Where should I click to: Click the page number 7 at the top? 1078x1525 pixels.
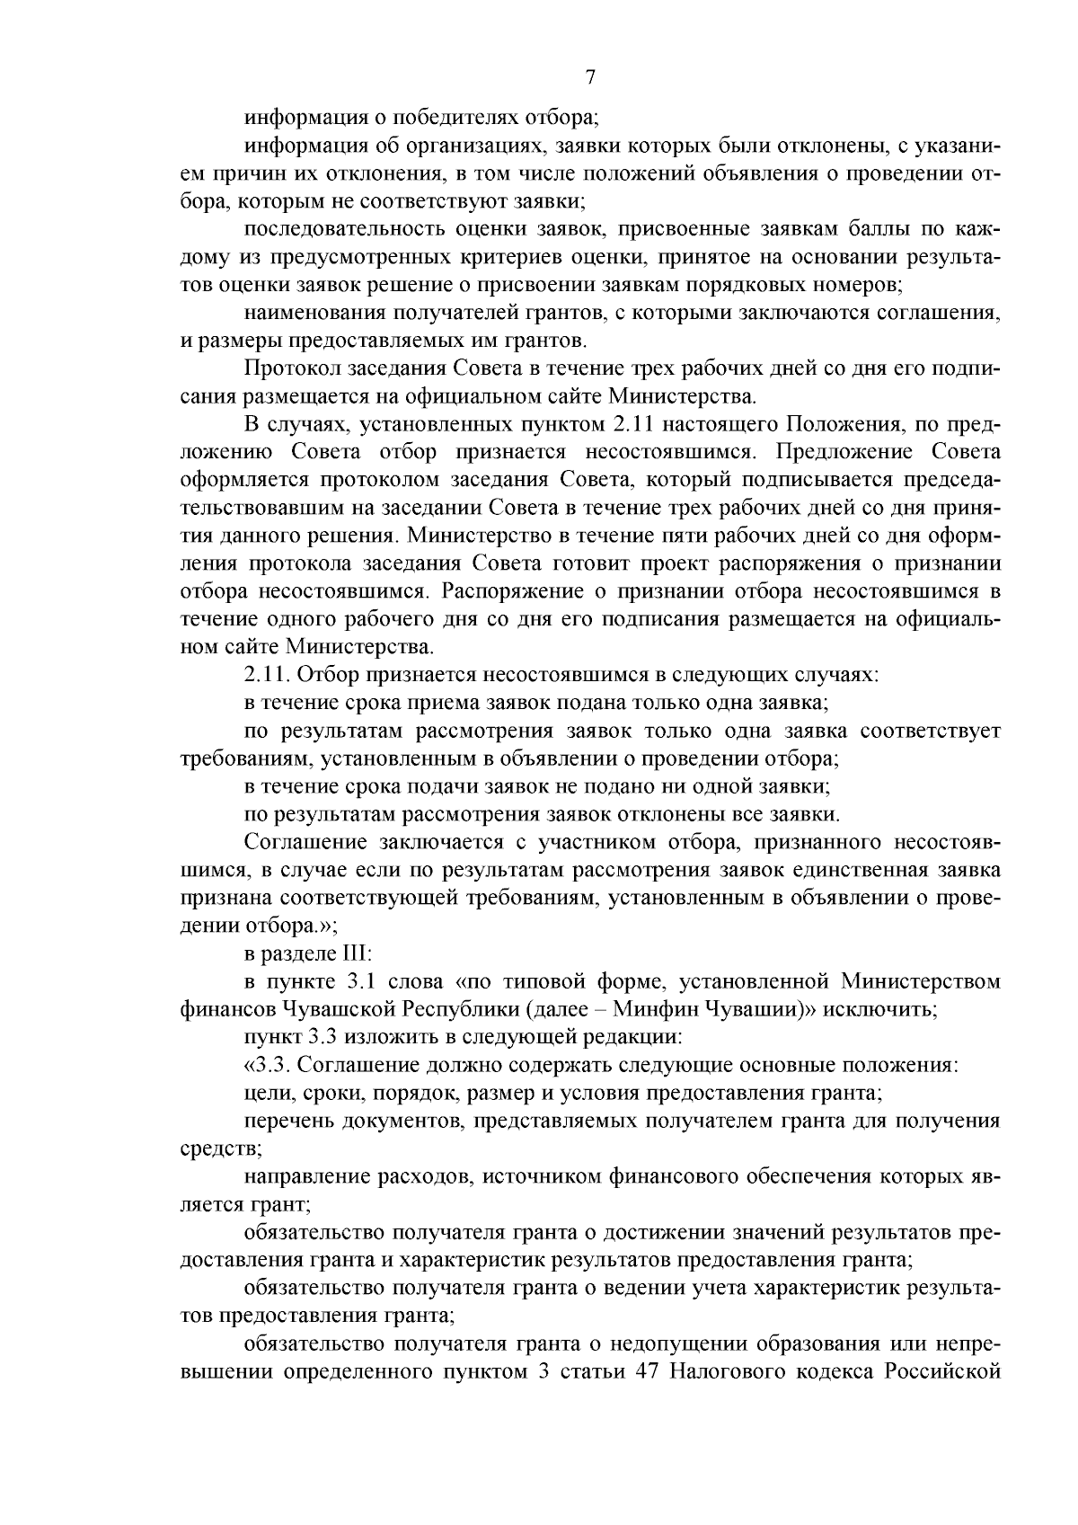click(590, 77)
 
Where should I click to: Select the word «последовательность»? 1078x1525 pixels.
click(337, 231)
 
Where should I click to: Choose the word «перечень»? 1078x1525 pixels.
click(284, 1122)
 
